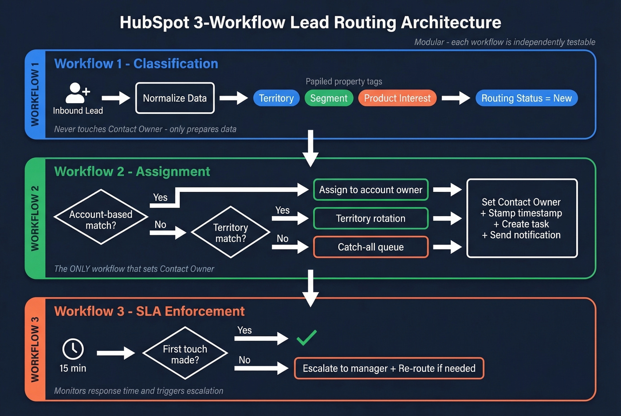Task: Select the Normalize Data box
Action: [x=175, y=98]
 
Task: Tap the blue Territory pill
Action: [x=276, y=98]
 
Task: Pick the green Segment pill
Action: [x=329, y=98]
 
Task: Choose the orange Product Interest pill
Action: [x=397, y=98]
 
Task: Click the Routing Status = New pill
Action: [x=526, y=98]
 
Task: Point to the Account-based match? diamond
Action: [x=101, y=217]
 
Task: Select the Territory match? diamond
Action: [x=231, y=232]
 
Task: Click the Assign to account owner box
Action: [x=371, y=190]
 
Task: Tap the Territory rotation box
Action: [x=371, y=218]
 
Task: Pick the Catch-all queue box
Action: [x=371, y=247]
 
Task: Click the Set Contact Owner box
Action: [x=522, y=218]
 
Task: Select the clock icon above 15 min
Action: [x=73, y=349]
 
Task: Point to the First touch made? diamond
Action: [x=185, y=354]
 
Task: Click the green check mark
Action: [x=307, y=338]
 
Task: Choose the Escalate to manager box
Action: [x=389, y=368]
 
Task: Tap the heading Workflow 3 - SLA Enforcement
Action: [x=149, y=311]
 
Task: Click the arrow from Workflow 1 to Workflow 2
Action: [x=310, y=148]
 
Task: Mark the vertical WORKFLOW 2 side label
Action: [x=35, y=218]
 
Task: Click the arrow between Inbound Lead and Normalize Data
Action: [x=116, y=98]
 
